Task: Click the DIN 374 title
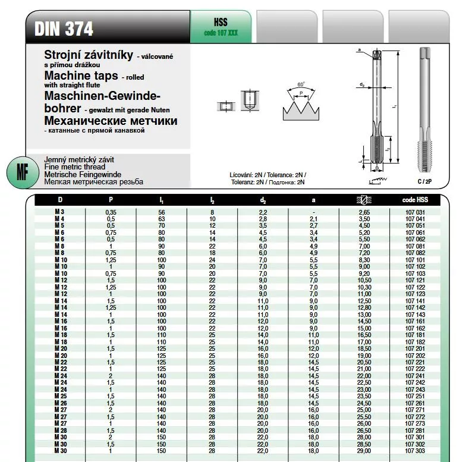[64, 29]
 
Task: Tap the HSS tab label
[220, 23]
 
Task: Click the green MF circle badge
[22, 172]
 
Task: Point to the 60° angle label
[301, 85]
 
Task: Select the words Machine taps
[81, 77]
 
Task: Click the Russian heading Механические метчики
[111, 121]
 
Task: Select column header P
[111, 200]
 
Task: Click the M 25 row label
[60, 395]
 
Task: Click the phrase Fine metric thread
[76, 167]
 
